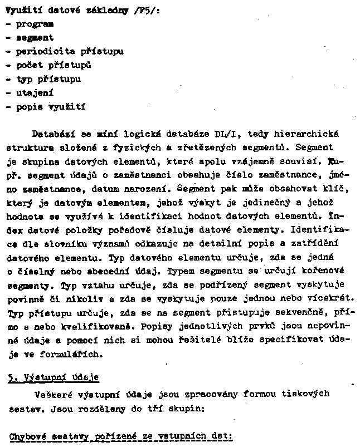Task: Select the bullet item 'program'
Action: coord(35,24)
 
